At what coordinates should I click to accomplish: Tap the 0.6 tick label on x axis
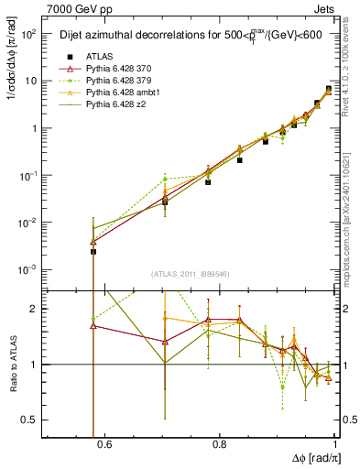click(x=104, y=444)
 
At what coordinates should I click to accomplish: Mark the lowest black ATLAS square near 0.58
click(x=93, y=251)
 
